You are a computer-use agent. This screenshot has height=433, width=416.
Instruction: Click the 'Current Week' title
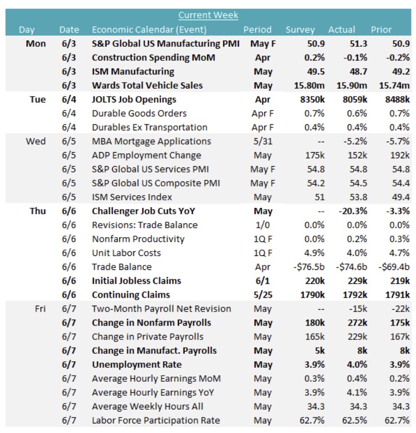click(208, 15)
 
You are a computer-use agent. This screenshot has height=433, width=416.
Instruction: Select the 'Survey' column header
click(300, 30)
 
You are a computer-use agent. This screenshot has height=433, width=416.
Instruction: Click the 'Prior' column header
click(381, 30)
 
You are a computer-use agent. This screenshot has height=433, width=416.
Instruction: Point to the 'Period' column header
click(257, 30)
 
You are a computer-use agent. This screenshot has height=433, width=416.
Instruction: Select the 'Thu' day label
click(38, 211)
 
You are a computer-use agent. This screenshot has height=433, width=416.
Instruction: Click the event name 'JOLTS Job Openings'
click(134, 99)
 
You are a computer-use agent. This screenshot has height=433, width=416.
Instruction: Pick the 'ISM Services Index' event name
click(132, 197)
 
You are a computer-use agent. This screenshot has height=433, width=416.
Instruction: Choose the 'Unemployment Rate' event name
click(137, 364)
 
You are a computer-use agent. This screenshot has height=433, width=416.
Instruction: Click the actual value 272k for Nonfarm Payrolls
click(356, 323)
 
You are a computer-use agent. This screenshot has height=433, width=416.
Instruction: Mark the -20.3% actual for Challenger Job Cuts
click(353, 211)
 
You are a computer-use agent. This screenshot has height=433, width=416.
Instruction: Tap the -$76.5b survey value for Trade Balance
click(308, 267)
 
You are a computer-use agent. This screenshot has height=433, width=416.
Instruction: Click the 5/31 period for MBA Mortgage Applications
click(262, 141)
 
